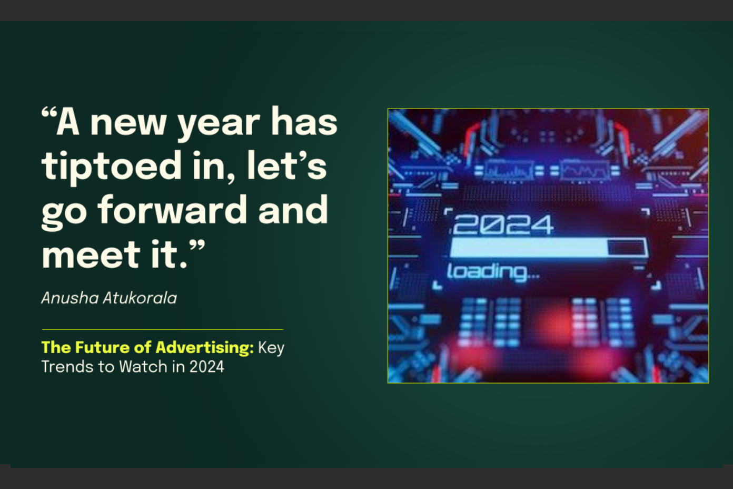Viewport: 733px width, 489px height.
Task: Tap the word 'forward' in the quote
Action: click(x=172, y=210)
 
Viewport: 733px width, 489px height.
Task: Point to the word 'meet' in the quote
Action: click(x=90, y=255)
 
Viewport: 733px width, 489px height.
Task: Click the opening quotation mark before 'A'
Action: click(x=49, y=113)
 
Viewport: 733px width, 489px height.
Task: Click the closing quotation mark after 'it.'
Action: click(x=197, y=246)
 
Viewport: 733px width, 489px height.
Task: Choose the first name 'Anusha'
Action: click(x=70, y=298)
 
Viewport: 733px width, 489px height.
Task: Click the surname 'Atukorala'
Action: click(x=140, y=298)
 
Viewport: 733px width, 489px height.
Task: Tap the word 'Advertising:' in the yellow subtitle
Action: click(x=205, y=347)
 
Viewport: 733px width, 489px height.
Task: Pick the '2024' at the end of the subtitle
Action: click(x=207, y=367)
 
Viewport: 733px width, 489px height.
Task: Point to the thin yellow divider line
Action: click(x=162, y=329)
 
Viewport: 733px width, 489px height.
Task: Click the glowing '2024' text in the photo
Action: click(x=503, y=225)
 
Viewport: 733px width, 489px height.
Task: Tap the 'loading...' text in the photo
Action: click(x=493, y=272)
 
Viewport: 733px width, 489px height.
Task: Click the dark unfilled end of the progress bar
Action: click(x=627, y=247)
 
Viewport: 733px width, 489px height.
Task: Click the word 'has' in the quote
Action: click(x=304, y=122)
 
